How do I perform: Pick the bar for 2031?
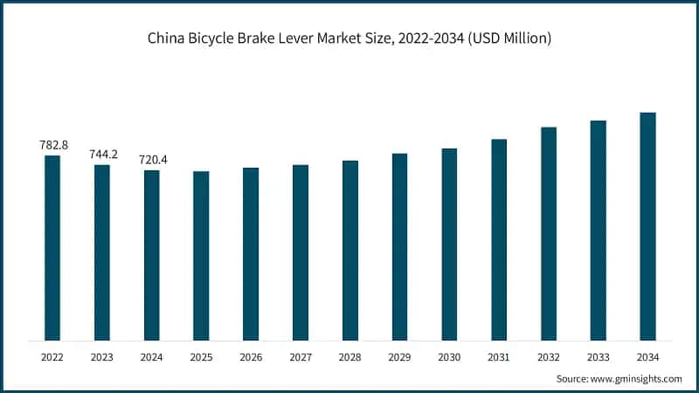click(x=499, y=239)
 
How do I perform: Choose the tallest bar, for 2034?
click(x=647, y=226)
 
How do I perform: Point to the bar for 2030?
click(x=449, y=244)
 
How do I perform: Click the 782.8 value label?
click(x=54, y=145)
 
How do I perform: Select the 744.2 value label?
click(x=103, y=154)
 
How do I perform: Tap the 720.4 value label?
click(x=153, y=160)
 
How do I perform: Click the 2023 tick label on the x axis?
click(x=102, y=356)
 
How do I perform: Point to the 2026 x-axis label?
click(x=251, y=356)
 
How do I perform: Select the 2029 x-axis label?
click(x=399, y=356)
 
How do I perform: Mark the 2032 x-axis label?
click(x=549, y=356)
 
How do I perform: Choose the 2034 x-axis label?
click(x=647, y=356)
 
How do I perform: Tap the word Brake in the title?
click(x=271, y=38)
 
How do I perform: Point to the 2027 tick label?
click(x=301, y=356)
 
